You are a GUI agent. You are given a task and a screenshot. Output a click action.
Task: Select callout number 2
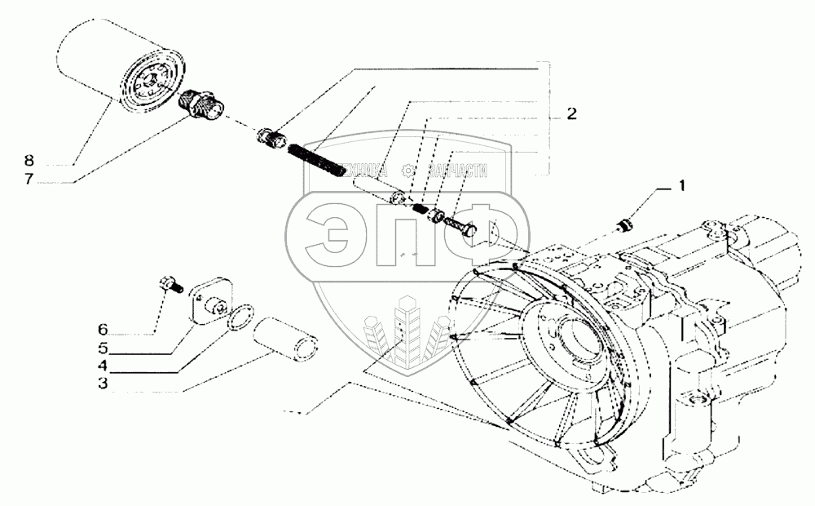tap(572, 115)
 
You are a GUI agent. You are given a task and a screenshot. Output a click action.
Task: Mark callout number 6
tap(102, 330)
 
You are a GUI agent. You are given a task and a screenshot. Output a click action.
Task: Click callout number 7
tap(28, 179)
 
